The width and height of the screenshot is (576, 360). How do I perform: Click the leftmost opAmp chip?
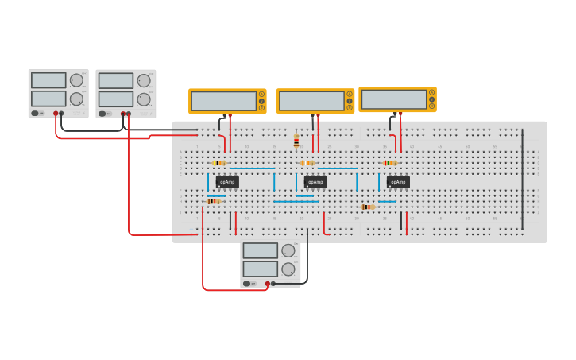pyautogui.click(x=227, y=182)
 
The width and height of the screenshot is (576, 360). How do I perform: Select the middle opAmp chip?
pyautogui.click(x=315, y=182)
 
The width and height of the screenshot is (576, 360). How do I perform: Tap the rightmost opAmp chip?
pyautogui.click(x=398, y=182)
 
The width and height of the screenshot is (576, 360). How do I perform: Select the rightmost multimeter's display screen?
pyautogui.click(x=393, y=99)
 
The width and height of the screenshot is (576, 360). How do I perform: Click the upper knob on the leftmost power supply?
pyautogui.click(x=76, y=80)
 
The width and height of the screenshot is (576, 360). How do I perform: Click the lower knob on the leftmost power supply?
pyautogui.click(x=76, y=99)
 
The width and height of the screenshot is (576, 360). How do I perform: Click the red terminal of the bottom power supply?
pyautogui.click(x=267, y=283)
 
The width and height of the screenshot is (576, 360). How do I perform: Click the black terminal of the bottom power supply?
pyautogui.click(x=273, y=283)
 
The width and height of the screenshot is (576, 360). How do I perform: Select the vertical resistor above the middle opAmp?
pyautogui.click(x=296, y=141)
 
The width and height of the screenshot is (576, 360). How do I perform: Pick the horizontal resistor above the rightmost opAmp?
pyautogui.click(x=389, y=163)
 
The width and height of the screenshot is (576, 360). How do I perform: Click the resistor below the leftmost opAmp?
pyautogui.click(x=213, y=202)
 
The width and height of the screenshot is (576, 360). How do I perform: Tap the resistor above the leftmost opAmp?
pyautogui.click(x=219, y=163)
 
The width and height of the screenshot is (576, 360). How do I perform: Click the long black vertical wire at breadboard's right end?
pyautogui.click(x=523, y=175)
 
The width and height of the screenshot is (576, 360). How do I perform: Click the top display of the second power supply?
pyautogui.click(x=116, y=81)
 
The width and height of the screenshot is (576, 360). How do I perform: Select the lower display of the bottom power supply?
pyautogui.click(x=260, y=269)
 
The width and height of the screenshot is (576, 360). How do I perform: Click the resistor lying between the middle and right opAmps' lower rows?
pyautogui.click(x=368, y=207)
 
